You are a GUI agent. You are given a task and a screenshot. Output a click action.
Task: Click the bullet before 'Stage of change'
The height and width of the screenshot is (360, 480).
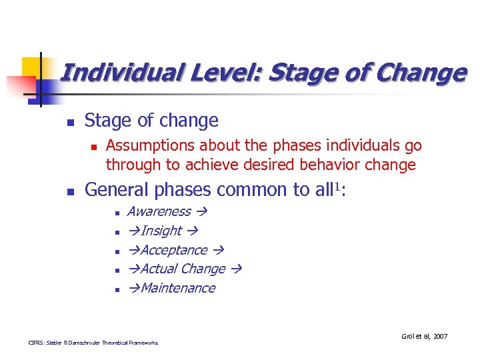pos(70,122)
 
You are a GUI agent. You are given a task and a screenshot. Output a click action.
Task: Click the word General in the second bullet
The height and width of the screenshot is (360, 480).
pos(117,190)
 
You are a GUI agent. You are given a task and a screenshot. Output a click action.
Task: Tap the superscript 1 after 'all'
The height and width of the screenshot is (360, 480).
pos(335,186)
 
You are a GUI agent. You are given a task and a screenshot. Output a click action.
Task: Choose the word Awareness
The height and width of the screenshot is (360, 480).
pos(159,212)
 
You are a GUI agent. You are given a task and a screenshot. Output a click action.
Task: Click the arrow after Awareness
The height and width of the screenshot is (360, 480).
pos(201,212)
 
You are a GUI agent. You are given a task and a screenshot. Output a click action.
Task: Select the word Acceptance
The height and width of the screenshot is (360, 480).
pos(173,250)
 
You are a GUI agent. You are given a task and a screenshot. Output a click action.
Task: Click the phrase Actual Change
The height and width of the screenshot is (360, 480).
pos(183,269)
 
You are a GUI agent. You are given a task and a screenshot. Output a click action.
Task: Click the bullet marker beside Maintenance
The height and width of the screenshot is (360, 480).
pos(116,289)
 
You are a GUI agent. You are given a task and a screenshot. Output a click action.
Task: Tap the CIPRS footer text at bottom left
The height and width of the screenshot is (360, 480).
pos(93,343)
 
